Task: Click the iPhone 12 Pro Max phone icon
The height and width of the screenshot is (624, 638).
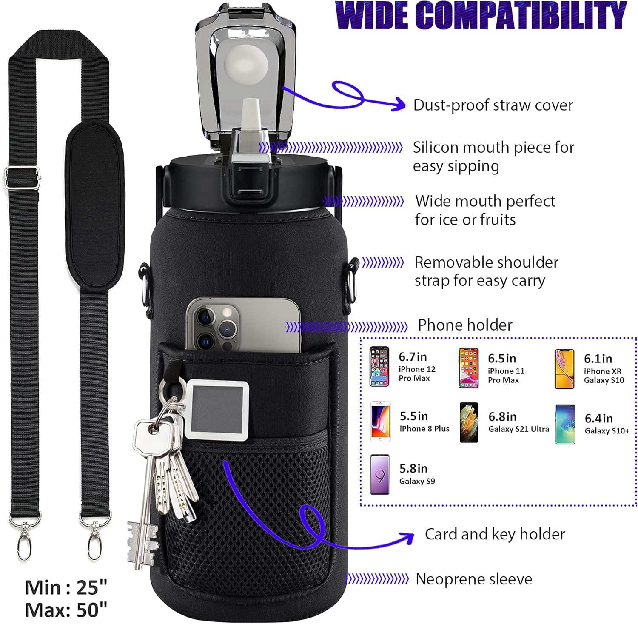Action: pyautogui.click(x=379, y=366)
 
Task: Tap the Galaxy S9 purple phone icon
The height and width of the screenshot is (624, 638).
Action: pyautogui.click(x=379, y=474)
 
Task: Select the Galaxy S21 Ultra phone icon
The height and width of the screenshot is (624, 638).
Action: pyautogui.click(x=469, y=422)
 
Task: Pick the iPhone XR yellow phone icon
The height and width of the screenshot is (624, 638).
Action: pyautogui.click(x=564, y=369)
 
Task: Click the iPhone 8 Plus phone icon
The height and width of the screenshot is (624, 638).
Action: pyautogui.click(x=380, y=421)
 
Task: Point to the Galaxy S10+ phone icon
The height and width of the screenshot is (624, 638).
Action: pyautogui.click(x=565, y=425)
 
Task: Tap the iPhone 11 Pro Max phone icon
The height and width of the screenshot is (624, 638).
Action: pyautogui.click(x=468, y=368)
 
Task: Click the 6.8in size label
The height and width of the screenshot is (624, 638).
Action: pyautogui.click(x=502, y=416)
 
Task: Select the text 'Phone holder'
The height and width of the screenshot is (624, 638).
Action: pyautogui.click(x=465, y=325)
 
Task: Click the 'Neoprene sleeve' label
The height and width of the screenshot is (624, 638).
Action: pyautogui.click(x=474, y=579)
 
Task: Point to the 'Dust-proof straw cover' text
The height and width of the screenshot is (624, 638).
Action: pyautogui.click(x=493, y=105)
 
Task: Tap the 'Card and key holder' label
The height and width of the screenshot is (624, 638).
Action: pyautogui.click(x=495, y=534)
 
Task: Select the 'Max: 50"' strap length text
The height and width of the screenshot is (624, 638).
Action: pyautogui.click(x=66, y=610)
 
